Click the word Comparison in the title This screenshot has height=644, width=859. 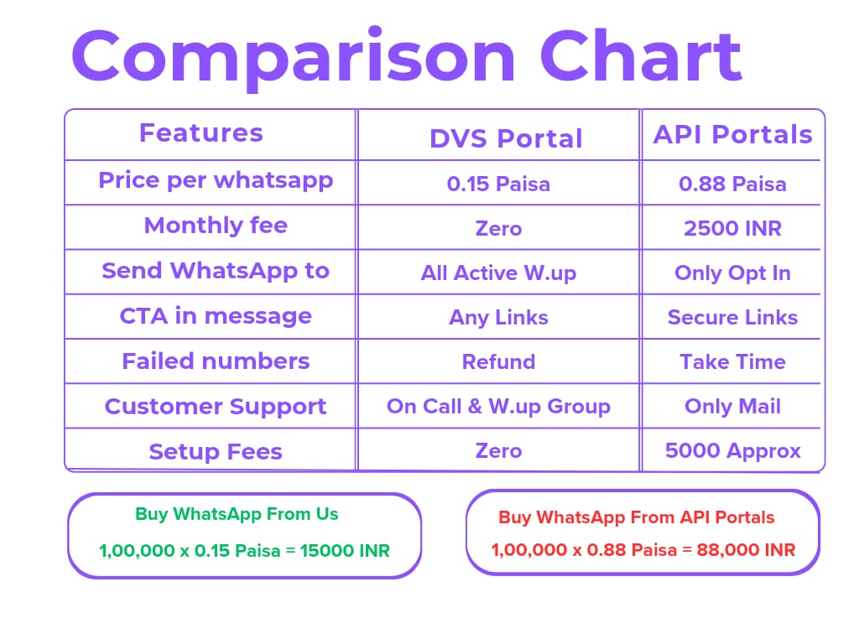click(x=294, y=57)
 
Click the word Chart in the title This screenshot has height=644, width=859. click(x=641, y=57)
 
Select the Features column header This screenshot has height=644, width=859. click(x=201, y=133)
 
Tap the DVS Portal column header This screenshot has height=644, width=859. click(x=506, y=138)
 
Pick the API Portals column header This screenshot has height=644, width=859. click(x=733, y=135)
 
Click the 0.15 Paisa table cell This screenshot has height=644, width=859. click(x=498, y=184)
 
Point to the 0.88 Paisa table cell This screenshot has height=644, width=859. click(x=732, y=184)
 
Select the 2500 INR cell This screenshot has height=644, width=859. click(x=732, y=228)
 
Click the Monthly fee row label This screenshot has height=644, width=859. click(x=216, y=226)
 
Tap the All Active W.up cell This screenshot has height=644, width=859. click(x=498, y=273)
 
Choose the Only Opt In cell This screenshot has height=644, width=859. click(x=732, y=273)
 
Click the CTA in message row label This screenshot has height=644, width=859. click(x=216, y=316)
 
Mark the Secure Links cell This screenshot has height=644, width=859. click(x=732, y=318)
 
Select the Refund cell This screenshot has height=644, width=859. click(x=498, y=362)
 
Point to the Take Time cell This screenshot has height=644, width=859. click(x=732, y=362)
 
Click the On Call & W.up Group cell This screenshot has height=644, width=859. click(x=498, y=407)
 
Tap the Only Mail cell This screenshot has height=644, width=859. click(x=732, y=407)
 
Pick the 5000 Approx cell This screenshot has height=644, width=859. click(x=732, y=451)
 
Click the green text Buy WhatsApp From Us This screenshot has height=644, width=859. click(x=237, y=514)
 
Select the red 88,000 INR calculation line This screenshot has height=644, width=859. click(x=643, y=550)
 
